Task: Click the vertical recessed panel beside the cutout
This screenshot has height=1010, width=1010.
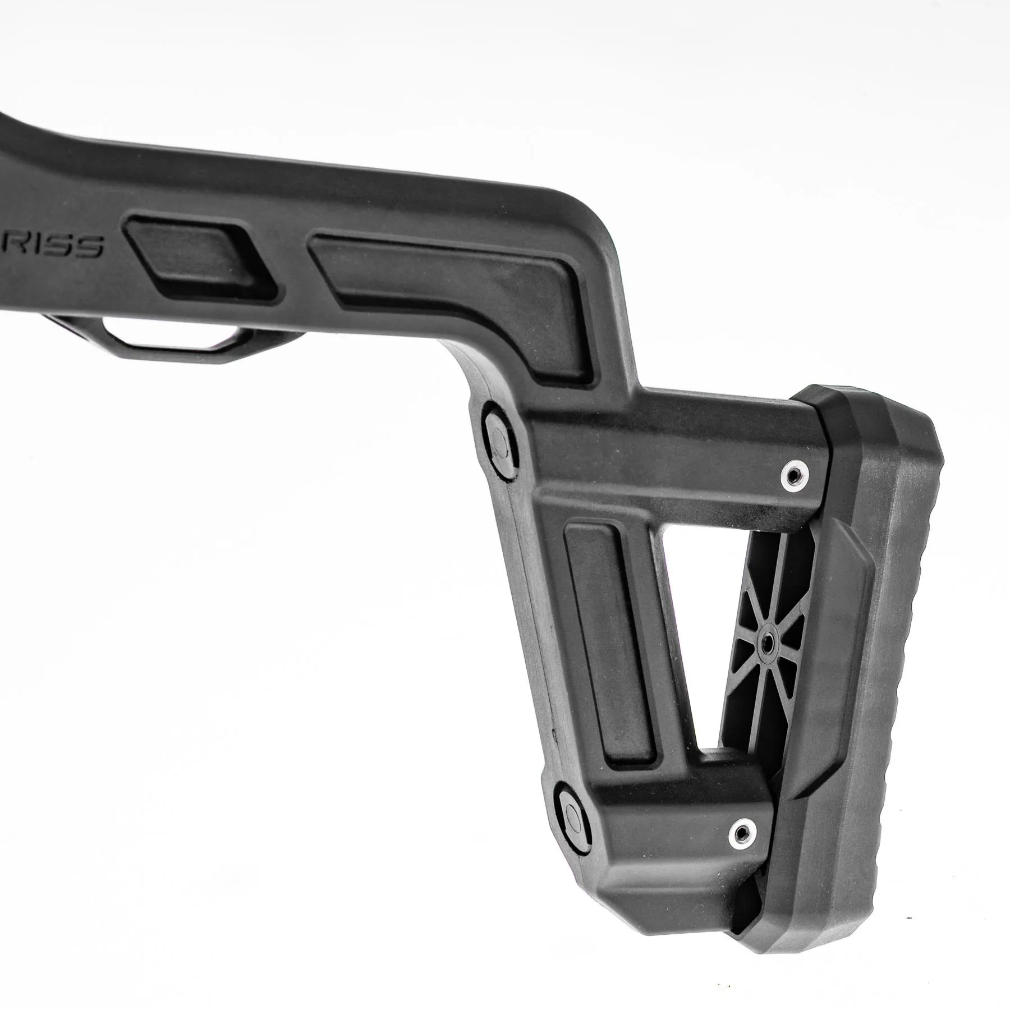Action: pos(612,645)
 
